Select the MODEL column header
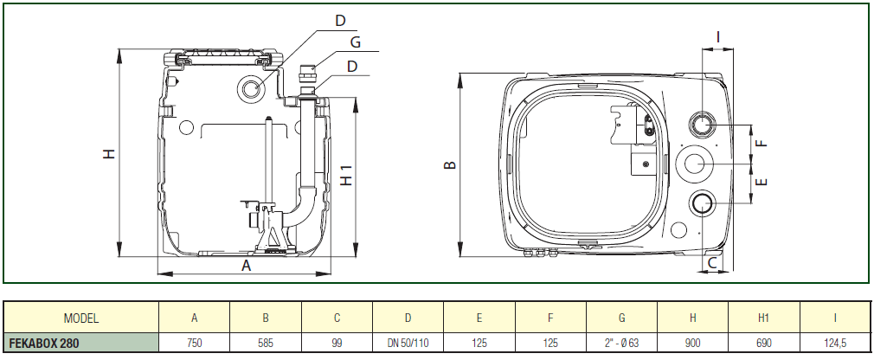81,318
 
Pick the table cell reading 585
266,344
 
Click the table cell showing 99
337,344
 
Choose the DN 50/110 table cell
408,344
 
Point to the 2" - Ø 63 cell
622,344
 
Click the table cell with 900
693,344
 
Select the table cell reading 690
764,344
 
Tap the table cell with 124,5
835,344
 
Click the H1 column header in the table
764,318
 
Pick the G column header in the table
622,318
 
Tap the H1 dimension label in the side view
346,176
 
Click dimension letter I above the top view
718,35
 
